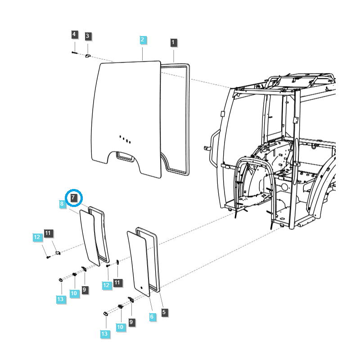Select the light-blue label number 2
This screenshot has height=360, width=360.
tap(142, 40)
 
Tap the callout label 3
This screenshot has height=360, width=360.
tap(88, 36)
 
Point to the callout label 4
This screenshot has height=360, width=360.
tap(74, 34)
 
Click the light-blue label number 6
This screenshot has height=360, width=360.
tap(152, 317)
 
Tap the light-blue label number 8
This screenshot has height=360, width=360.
tap(62, 204)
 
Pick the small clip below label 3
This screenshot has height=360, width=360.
tap(88, 56)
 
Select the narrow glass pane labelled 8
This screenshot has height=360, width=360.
tap(89, 237)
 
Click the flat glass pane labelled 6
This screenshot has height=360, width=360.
tap(139, 263)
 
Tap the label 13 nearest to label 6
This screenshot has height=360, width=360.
tap(105, 333)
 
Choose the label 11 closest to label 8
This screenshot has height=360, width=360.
tap(49, 233)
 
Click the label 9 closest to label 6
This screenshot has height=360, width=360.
tap(131, 322)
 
